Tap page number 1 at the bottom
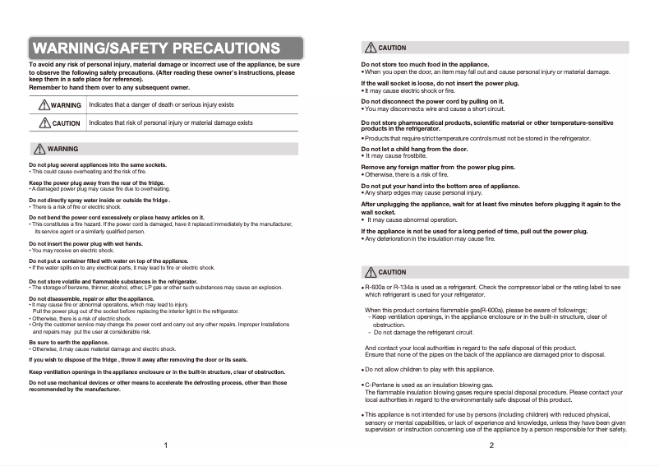(166, 445)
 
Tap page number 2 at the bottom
(491, 445)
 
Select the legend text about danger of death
(161, 105)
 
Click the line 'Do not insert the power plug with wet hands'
(86, 244)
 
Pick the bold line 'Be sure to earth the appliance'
(69, 342)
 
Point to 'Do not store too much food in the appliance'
(425, 64)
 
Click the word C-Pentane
(380, 385)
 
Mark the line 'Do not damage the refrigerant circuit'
(424, 332)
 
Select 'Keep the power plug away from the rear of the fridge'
(97, 182)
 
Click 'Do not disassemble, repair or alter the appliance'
(91, 298)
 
